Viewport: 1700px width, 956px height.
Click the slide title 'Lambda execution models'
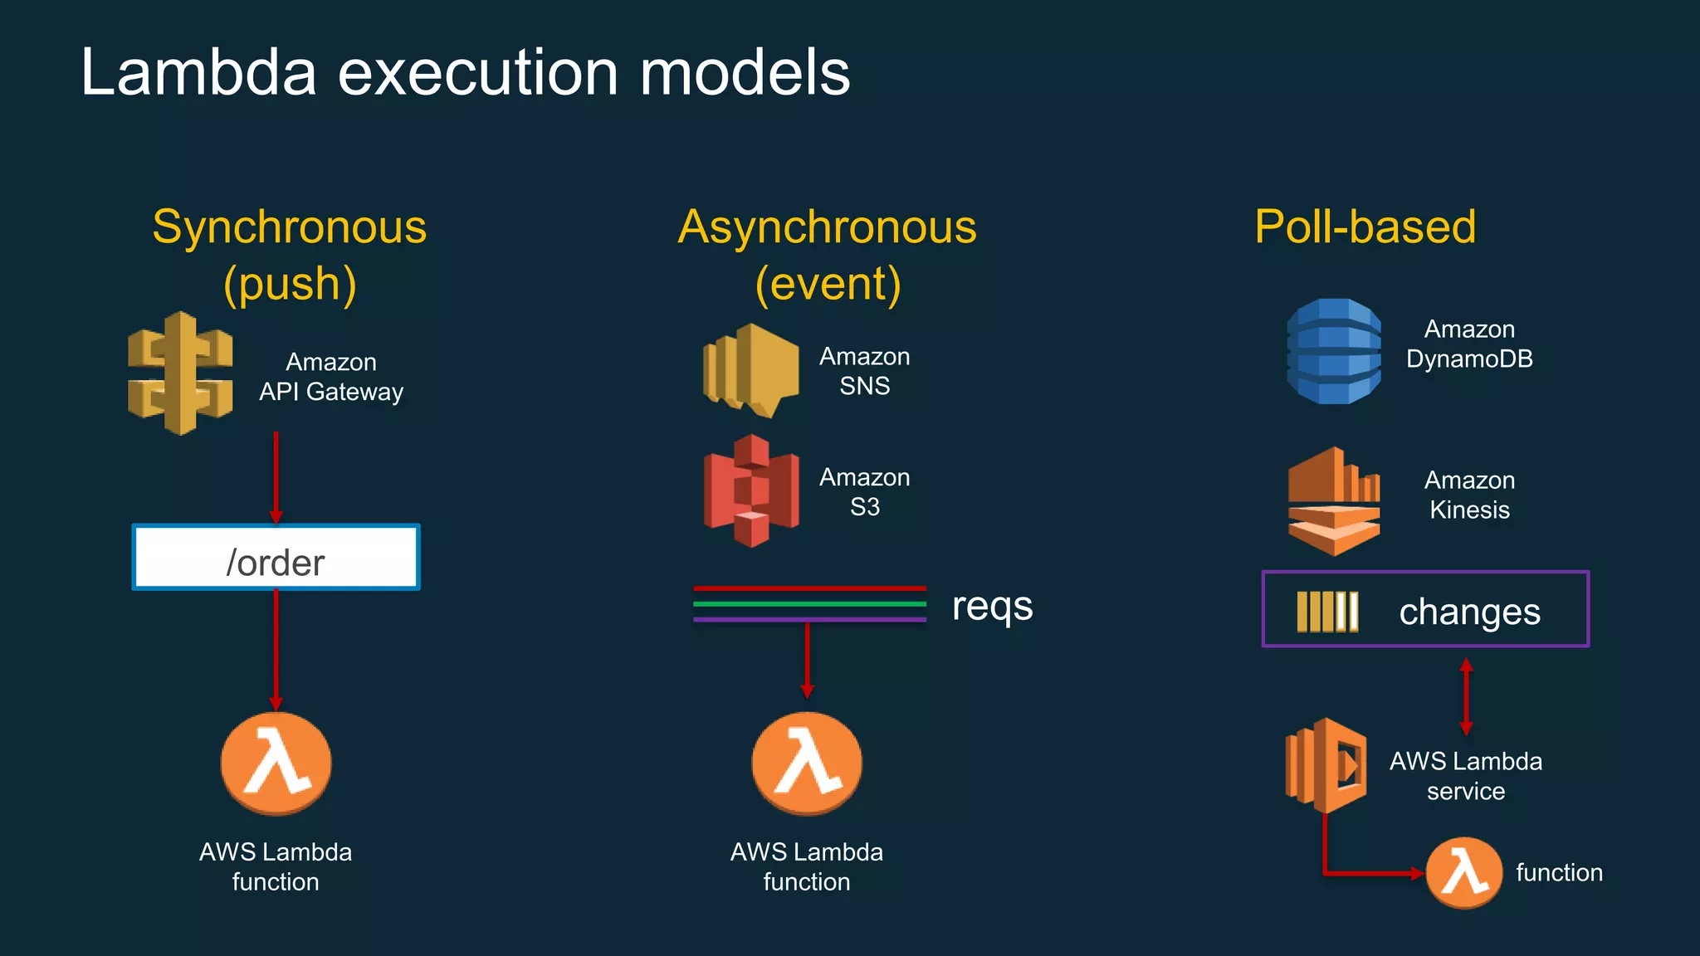pos(465,73)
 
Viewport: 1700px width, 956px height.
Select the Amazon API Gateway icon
pos(180,373)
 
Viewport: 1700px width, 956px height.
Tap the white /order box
pos(276,558)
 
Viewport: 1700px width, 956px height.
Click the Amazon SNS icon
pos(750,370)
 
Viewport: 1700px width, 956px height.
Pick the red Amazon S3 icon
pos(751,490)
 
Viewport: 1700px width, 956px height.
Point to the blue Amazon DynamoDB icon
pos(1334,351)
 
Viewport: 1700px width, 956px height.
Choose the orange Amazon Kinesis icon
pos(1334,501)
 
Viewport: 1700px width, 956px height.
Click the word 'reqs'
pos(992,606)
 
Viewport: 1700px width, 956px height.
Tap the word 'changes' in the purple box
pos(1469,612)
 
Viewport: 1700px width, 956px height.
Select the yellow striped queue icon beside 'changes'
pos(1327,612)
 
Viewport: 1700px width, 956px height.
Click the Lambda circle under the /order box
pos(276,763)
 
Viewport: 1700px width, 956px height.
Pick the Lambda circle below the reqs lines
pos(807,763)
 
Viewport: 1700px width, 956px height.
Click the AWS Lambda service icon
pos(1326,765)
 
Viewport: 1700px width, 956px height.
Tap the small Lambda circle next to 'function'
pos(1463,873)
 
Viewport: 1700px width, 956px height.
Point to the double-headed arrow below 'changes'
pos(1466,696)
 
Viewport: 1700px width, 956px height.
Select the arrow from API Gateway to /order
pos(276,477)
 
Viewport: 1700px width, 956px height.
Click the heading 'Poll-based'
pos(1365,227)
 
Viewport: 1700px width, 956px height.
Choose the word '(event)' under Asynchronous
pos(828,284)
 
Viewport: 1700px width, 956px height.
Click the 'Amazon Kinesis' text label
pos(1469,495)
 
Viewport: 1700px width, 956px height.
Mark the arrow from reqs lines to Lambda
pos(807,661)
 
